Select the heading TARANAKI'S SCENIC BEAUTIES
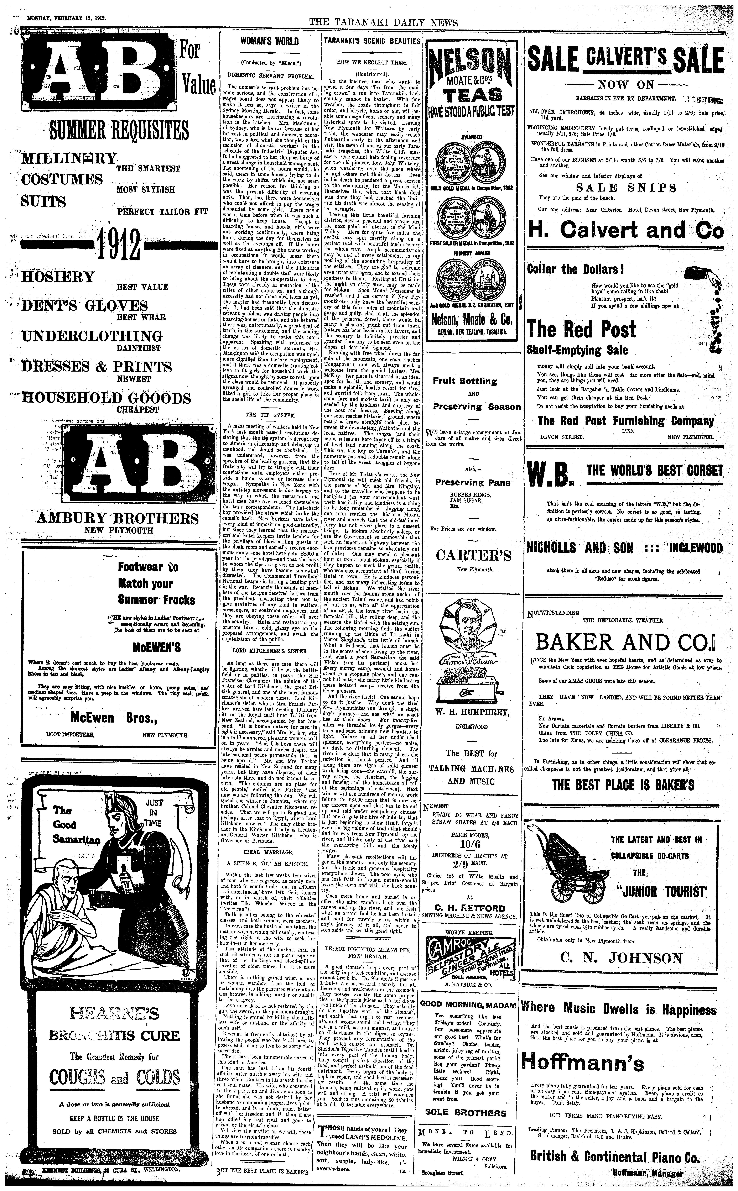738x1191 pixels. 372,42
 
